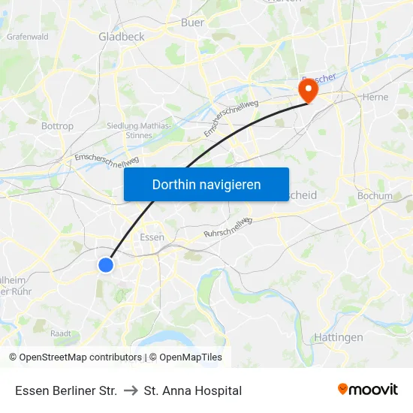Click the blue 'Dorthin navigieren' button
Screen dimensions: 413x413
[x=206, y=184]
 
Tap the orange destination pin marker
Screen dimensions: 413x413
[x=308, y=91]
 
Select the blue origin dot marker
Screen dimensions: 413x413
[x=106, y=264]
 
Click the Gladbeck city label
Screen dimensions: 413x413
[x=122, y=36]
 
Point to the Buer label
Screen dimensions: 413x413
[x=192, y=23]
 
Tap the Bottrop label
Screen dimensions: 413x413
[x=57, y=126]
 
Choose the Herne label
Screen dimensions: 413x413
[x=375, y=97]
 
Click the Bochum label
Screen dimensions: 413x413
[x=375, y=196]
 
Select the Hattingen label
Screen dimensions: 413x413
[x=338, y=338]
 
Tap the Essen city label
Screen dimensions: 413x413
[x=152, y=237]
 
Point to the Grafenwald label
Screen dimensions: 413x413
[x=28, y=36]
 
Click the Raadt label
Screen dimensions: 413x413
[x=60, y=333]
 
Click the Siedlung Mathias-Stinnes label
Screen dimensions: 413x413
[x=138, y=131]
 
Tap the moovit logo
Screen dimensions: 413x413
[x=368, y=390]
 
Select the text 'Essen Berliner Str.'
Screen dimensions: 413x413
[x=66, y=390]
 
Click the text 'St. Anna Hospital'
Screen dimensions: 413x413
[x=193, y=390]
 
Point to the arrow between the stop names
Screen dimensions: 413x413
[x=130, y=390]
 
